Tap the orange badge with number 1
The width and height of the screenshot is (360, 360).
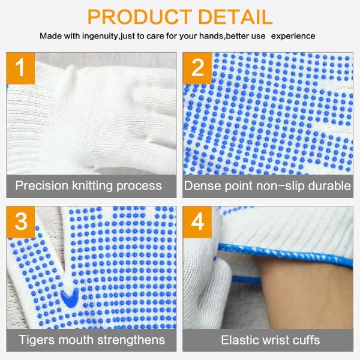(21, 67)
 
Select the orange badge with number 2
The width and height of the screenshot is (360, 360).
(198, 67)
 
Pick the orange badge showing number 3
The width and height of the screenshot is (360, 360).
(21, 221)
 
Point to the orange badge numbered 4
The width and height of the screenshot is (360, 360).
(198, 221)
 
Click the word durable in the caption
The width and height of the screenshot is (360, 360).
(329, 185)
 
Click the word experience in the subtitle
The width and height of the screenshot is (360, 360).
(293, 37)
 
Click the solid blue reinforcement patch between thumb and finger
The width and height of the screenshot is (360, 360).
(70, 296)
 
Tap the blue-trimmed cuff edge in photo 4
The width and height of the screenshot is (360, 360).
(282, 254)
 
